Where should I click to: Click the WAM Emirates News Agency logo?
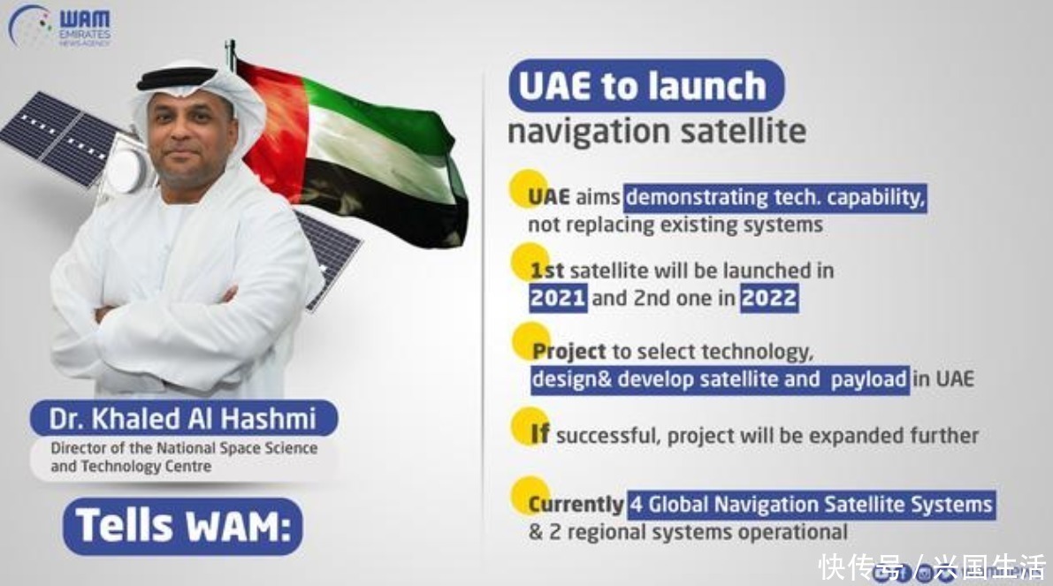[x=60, y=27]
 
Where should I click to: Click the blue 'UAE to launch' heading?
[x=646, y=85]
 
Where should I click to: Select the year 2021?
[x=557, y=298]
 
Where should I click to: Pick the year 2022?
[x=769, y=298]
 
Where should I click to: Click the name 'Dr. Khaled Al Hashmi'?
[x=183, y=418]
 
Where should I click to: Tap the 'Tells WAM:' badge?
[x=183, y=526]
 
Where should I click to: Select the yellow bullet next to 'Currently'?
[x=530, y=495]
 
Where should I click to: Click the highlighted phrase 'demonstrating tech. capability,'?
[x=775, y=198]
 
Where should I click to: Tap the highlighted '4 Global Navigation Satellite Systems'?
[x=812, y=504]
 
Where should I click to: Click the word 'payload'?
[x=868, y=380]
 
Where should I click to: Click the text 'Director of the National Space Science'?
[x=184, y=448]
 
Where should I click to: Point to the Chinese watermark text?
[x=932, y=567]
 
